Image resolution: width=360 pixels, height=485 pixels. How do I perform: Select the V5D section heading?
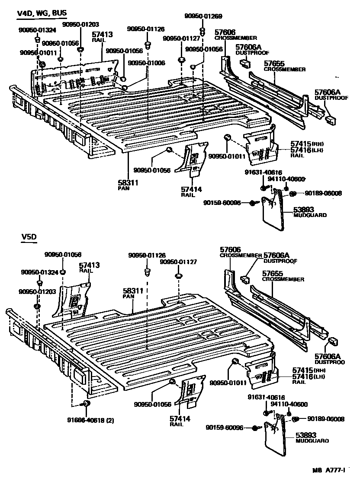(x=29, y=237)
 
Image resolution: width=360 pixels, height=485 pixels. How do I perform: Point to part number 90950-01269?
(x=202, y=16)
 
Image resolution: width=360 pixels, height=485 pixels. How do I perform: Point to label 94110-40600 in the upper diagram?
(x=286, y=179)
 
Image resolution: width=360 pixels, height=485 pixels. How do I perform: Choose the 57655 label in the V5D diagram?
(x=273, y=274)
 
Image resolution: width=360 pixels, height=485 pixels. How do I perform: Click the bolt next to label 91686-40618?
(x=86, y=404)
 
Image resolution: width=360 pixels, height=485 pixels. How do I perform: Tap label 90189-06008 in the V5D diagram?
(x=326, y=418)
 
